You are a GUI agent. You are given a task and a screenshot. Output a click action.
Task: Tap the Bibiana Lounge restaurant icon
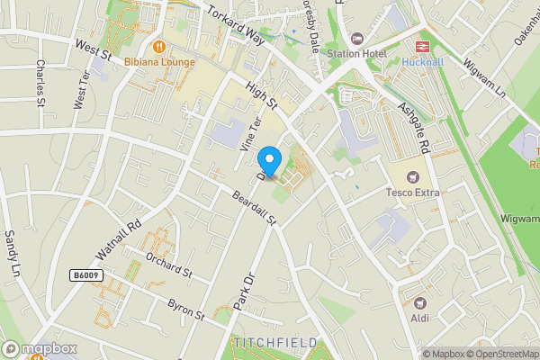pyautogui.click(x=158, y=45)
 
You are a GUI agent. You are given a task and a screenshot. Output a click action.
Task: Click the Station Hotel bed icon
pyautogui.click(x=357, y=39)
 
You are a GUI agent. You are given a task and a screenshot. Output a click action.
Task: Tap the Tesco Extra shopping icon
pyautogui.click(x=413, y=176)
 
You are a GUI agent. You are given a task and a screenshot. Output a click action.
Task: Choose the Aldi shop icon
pyautogui.click(x=419, y=302)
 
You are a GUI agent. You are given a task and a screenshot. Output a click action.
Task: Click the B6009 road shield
pyautogui.click(x=85, y=274)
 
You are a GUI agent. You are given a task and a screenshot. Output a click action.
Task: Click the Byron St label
pyautogui.click(x=187, y=310)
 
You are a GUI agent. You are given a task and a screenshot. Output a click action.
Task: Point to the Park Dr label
pyautogui.click(x=245, y=294)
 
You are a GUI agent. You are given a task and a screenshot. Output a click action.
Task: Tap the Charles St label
pyautogui.click(x=40, y=82)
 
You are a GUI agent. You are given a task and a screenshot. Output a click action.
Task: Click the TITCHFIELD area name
pyautogui.click(x=275, y=343)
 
